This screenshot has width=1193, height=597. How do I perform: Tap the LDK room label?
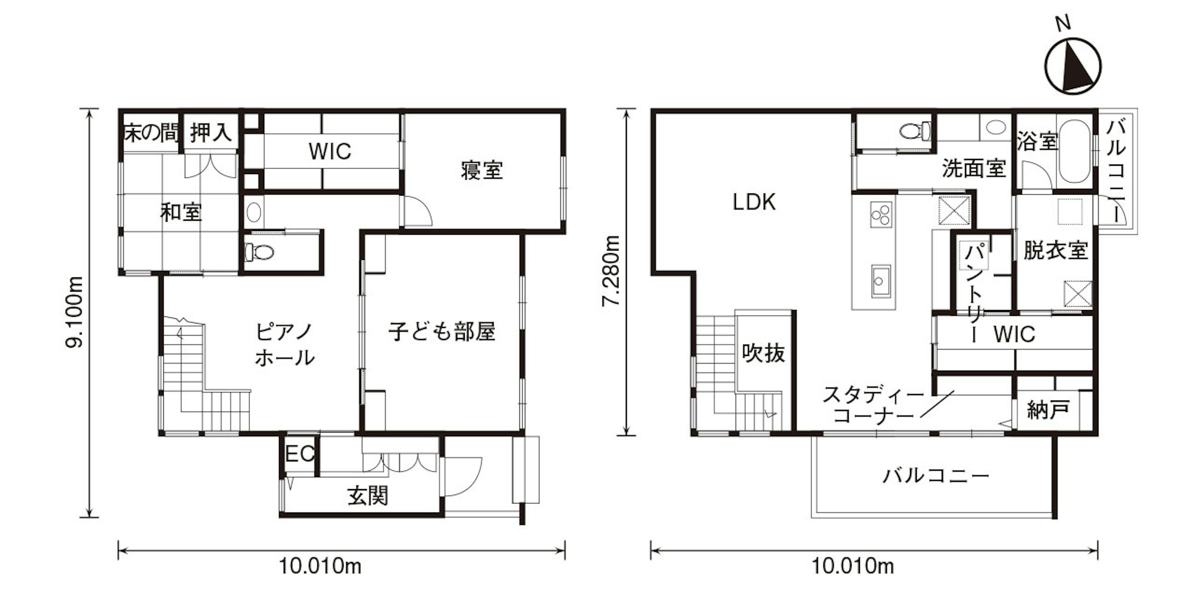pos(754,202)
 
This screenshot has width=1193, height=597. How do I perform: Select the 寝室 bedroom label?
pos(482,170)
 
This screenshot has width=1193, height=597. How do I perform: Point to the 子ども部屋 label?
pos(442,332)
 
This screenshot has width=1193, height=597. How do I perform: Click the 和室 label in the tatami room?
pos(181,212)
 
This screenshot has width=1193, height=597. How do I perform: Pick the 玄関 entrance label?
pos(368,496)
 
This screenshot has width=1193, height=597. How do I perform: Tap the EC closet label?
pos(300,454)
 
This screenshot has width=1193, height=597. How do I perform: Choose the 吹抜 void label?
pos(763,353)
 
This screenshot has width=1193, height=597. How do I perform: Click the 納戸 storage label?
pos(1048,410)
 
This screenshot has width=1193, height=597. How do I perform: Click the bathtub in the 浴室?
pos(1074,151)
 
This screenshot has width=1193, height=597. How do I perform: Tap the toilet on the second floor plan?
pos(915,130)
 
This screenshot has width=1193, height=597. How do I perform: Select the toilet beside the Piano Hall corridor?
pos(259,252)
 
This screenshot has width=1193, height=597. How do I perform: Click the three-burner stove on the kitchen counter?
pos(881,214)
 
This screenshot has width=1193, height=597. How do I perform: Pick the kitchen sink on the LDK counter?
pos(881,281)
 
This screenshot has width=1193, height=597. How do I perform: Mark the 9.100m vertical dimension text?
pos(74,311)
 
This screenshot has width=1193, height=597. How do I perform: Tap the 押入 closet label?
pos(211,133)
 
